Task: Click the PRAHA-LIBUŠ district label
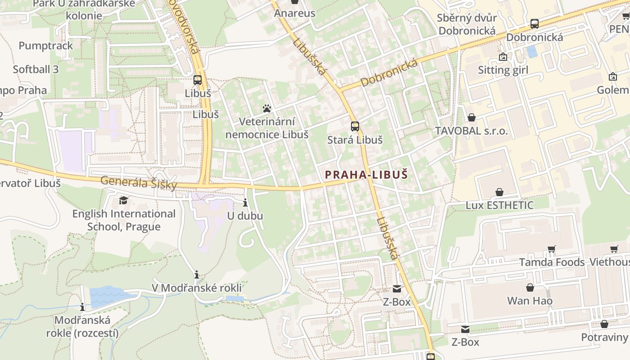[366, 175]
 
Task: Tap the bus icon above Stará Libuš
[355, 126]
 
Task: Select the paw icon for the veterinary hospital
[267, 108]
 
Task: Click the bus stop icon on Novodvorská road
[198, 80]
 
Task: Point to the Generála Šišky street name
[138, 182]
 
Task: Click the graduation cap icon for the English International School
[123, 200]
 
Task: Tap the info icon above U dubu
[245, 202]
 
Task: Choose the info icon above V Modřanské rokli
[197, 274]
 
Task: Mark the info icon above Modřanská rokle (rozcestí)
[82, 307]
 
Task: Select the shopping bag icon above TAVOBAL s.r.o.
[471, 117]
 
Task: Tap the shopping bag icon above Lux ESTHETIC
[499, 192]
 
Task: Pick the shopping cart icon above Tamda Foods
[551, 249]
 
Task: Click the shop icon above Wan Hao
[530, 287]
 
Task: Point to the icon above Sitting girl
[503, 57]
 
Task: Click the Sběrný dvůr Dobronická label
[467, 24]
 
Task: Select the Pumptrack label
[45, 46]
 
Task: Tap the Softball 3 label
[36, 69]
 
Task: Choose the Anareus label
[295, 13]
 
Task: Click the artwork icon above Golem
[612, 77]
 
